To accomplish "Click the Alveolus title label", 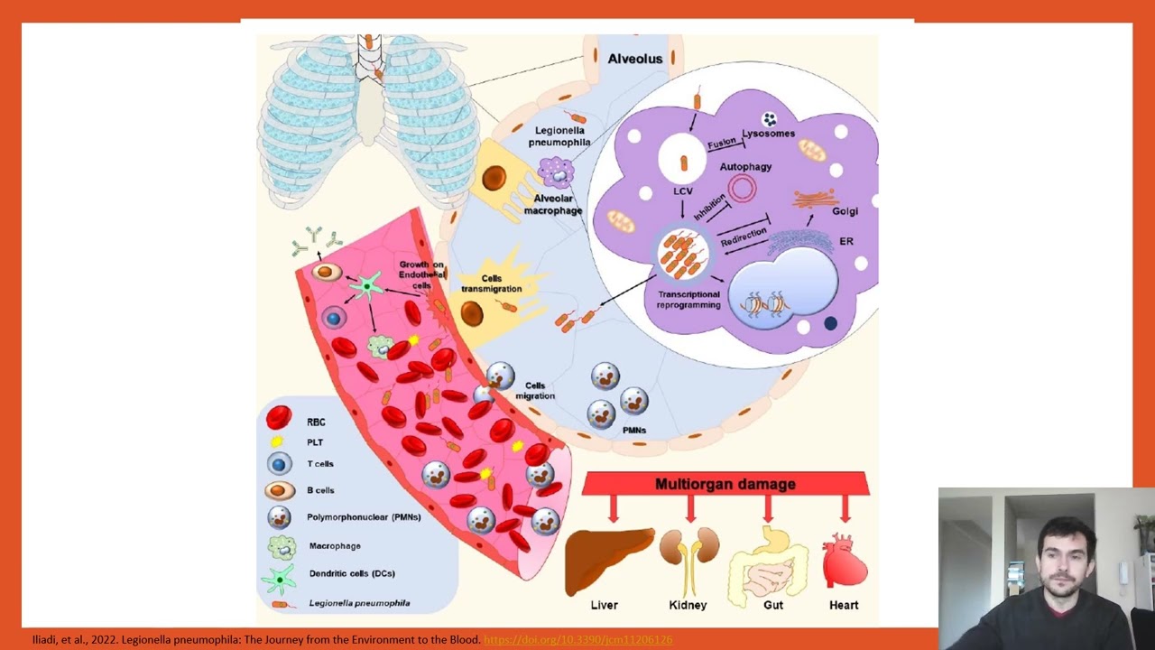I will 634,59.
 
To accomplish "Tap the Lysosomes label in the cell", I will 768,134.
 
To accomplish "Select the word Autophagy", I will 745,167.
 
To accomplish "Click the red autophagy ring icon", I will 743,189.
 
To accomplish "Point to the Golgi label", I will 845,211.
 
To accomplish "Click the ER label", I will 845,241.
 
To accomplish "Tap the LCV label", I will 682,192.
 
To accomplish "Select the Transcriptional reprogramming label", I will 688,300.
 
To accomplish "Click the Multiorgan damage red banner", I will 725,484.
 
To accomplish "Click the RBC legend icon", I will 279,417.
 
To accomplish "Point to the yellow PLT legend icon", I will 278,441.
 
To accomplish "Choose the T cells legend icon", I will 279,464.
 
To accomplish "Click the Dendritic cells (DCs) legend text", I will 352,573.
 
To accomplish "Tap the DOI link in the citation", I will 577,640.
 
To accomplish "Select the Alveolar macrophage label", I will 553,205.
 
